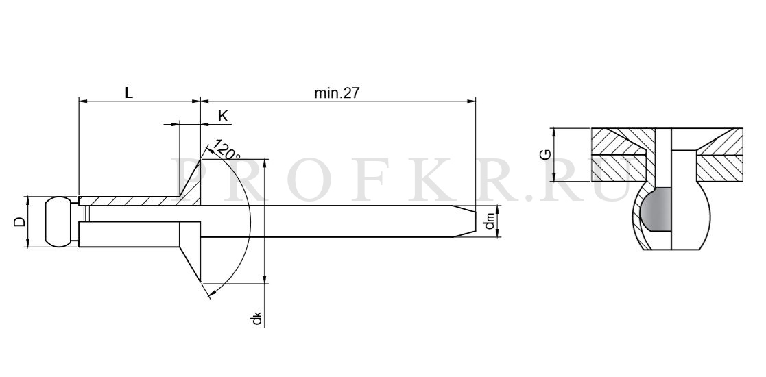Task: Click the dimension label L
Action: [x=129, y=93]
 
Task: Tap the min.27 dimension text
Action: [x=337, y=93]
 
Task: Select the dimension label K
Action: [x=223, y=117]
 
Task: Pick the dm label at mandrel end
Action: [x=490, y=222]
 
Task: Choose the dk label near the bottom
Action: [x=257, y=320]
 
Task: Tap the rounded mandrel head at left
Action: [x=58, y=221]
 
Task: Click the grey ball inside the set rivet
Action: [x=656, y=210]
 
